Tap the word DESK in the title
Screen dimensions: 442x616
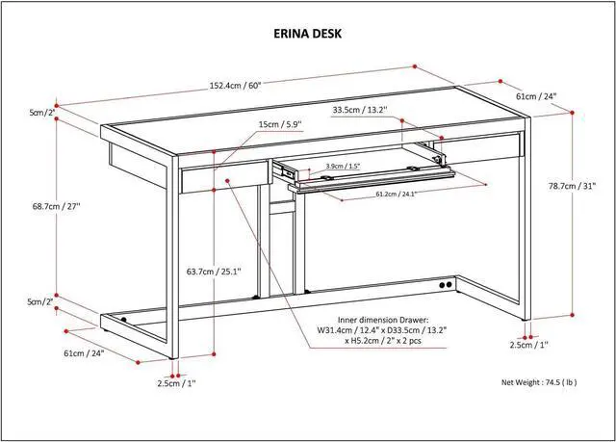[330, 34]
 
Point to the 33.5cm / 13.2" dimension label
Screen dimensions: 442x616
[359, 110]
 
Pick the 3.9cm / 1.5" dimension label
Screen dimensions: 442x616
[345, 166]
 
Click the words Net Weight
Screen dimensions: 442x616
[523, 382]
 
